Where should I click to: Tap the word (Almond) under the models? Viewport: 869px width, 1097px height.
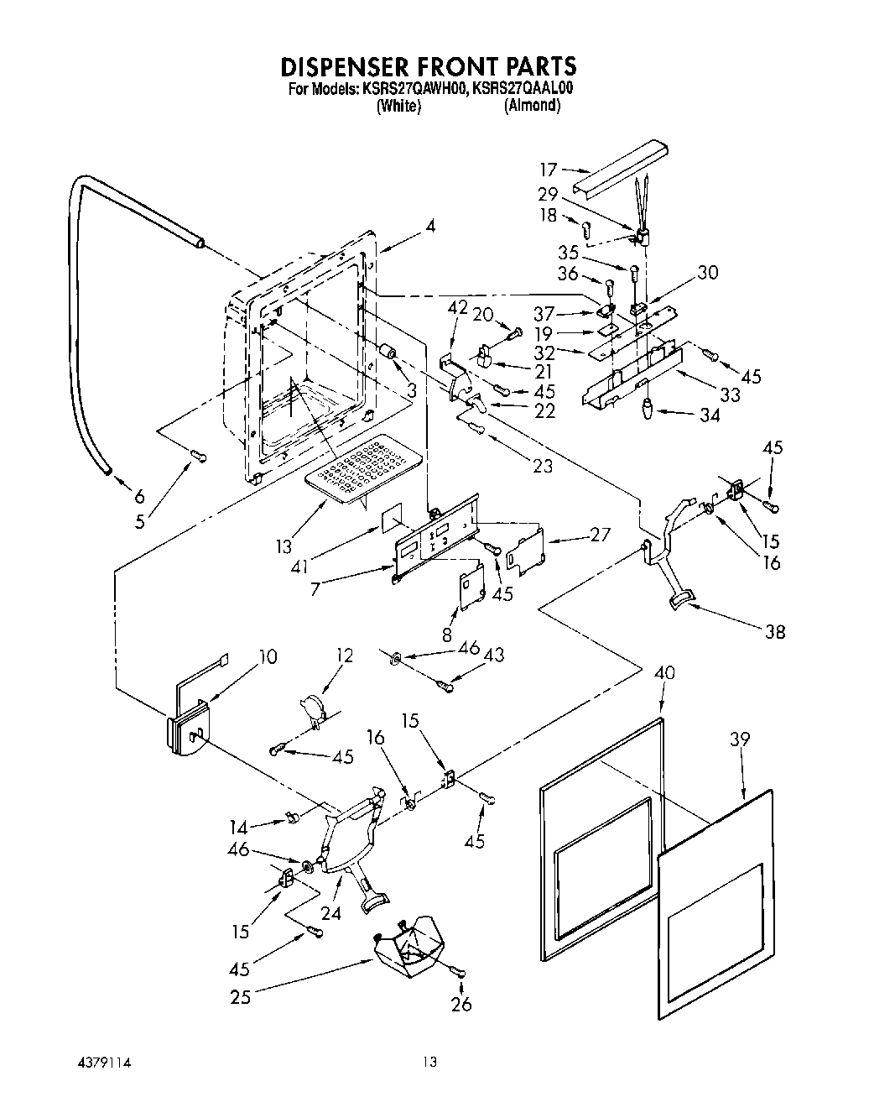pyautogui.click(x=532, y=106)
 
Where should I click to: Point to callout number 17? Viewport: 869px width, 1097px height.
pyautogui.click(x=548, y=169)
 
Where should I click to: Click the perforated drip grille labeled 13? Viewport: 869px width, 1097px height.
pyautogui.click(x=364, y=470)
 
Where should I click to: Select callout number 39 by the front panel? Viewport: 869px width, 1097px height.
pyautogui.click(x=739, y=739)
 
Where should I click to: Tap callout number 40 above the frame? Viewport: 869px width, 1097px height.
pyautogui.click(x=664, y=673)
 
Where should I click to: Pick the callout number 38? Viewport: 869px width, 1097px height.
pyautogui.click(x=775, y=632)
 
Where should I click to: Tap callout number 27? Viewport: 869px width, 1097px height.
pyautogui.click(x=601, y=535)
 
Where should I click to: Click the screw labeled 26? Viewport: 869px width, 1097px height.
pyautogui.click(x=458, y=971)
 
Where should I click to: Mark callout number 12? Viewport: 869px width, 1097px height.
pyautogui.click(x=345, y=656)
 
